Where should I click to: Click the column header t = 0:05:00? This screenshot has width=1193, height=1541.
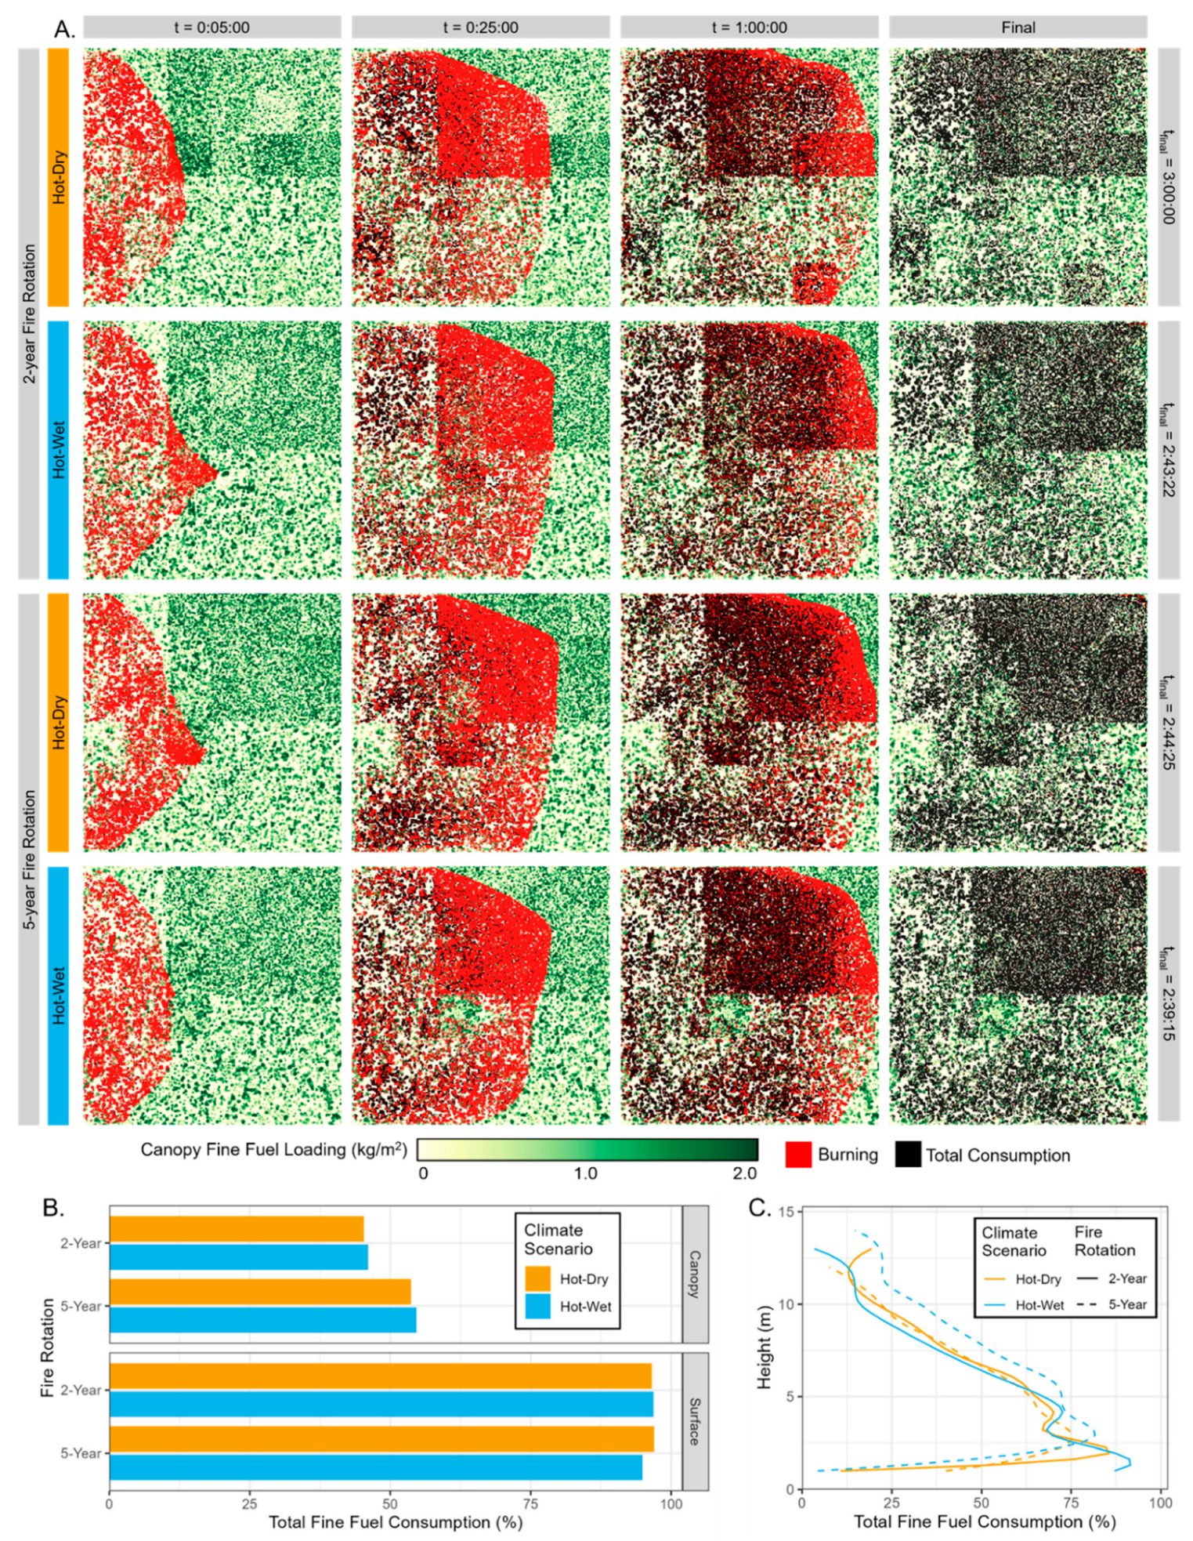[x=211, y=27]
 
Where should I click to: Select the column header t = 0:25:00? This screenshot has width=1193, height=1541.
[x=480, y=27]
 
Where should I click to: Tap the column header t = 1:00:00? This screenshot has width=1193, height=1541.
[x=749, y=27]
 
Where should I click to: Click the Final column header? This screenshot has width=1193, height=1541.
[x=1018, y=27]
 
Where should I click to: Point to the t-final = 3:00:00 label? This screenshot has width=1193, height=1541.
[x=1168, y=176]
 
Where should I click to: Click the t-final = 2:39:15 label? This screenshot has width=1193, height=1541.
[x=1168, y=995]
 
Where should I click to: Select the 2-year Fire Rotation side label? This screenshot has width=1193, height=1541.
[x=29, y=313]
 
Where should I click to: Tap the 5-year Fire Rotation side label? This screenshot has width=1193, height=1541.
[x=29, y=858]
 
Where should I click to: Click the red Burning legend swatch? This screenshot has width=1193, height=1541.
[x=797, y=1155]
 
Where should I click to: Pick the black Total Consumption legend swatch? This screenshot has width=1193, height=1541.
[x=908, y=1155]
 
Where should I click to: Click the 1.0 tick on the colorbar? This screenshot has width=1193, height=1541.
[x=585, y=1173]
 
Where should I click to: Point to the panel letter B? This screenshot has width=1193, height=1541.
[x=53, y=1208]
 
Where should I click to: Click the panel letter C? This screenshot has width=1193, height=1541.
[x=759, y=1207]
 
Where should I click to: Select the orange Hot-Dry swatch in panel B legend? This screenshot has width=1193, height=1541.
[x=537, y=1278]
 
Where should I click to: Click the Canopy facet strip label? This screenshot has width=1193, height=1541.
[x=695, y=1274]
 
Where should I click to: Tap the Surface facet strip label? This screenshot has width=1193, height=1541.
[x=695, y=1421]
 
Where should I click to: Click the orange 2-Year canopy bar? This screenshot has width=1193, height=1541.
[x=237, y=1229]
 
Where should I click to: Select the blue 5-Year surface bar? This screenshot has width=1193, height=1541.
[x=375, y=1467]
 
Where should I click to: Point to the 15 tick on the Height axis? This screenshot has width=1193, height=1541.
[x=785, y=1213]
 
